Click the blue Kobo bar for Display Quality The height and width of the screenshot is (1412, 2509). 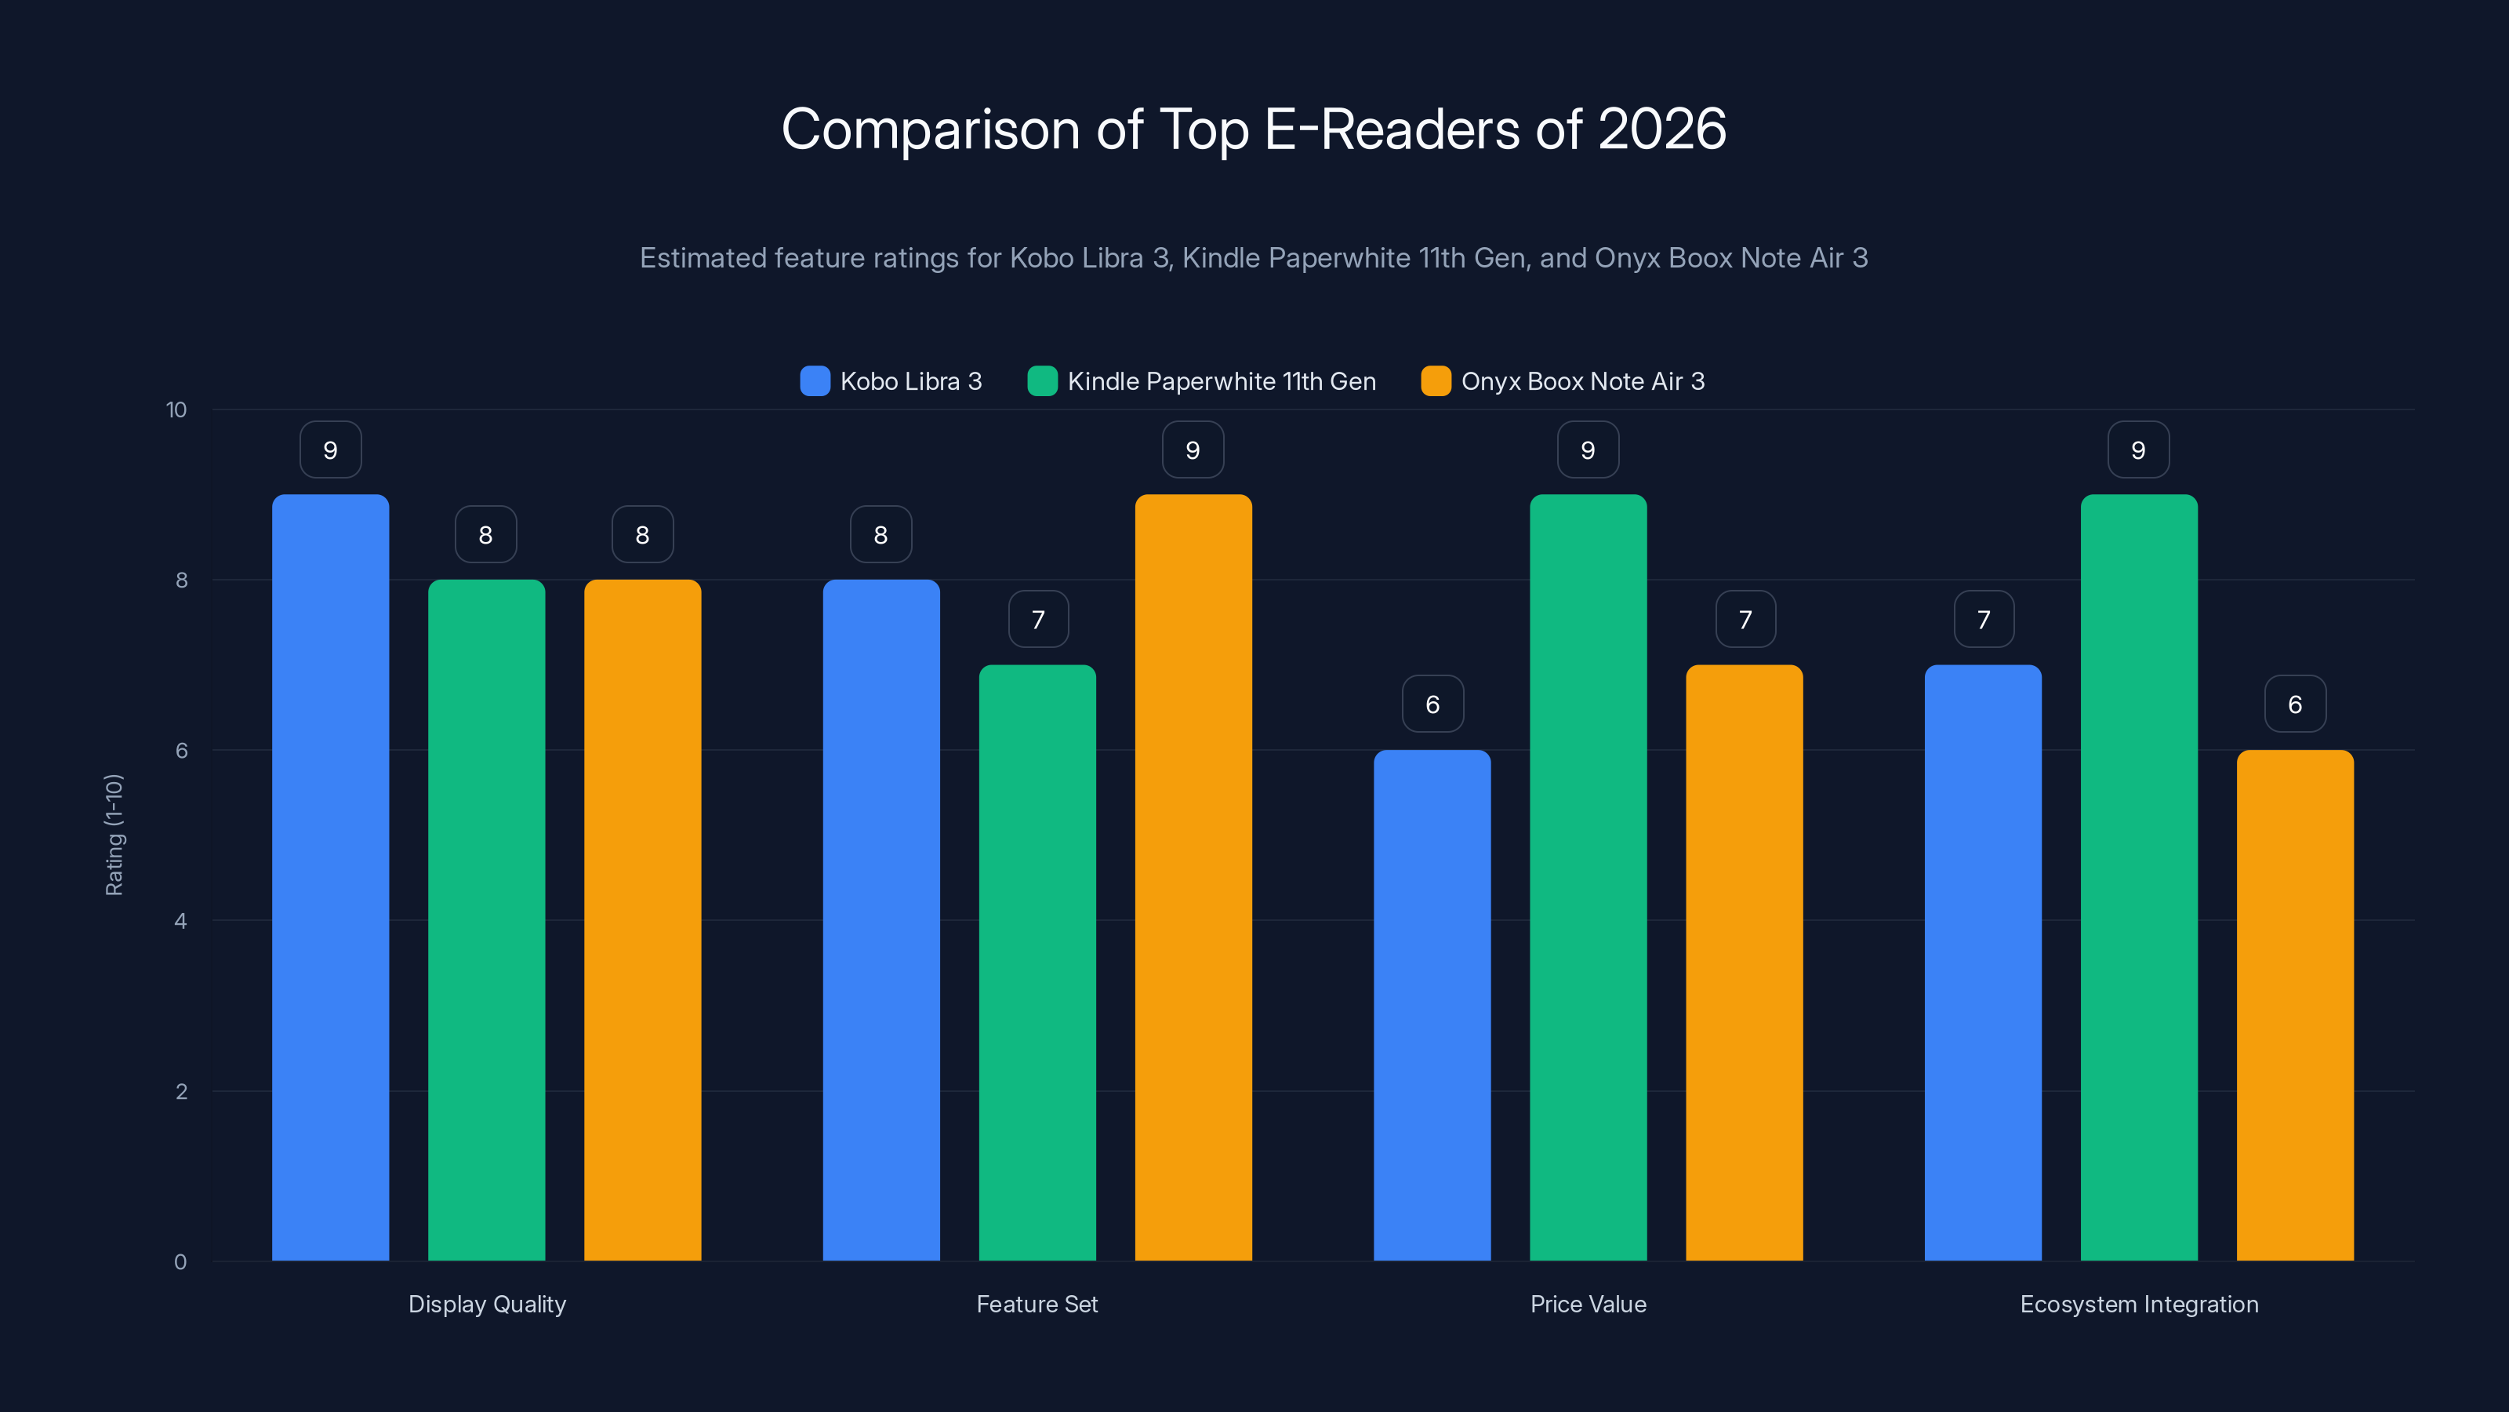(x=330, y=877)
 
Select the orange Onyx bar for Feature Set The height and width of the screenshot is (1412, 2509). (x=1193, y=877)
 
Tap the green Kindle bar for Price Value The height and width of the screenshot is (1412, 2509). (x=1588, y=877)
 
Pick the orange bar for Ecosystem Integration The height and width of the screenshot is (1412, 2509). (x=2295, y=1004)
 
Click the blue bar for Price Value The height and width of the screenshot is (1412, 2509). (x=1432, y=1004)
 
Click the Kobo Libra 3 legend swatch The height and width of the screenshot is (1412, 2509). (x=815, y=381)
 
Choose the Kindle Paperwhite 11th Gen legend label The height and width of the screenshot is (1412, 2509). (x=1222, y=381)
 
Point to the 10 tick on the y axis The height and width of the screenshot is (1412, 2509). (x=176, y=410)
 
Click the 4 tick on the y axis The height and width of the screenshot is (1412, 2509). (x=180, y=921)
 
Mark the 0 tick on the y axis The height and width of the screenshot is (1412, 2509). (x=180, y=1262)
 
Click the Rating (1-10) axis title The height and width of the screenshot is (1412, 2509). (x=114, y=835)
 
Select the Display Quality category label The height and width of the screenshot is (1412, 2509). (x=487, y=1304)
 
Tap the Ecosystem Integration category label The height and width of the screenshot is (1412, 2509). (x=2139, y=1304)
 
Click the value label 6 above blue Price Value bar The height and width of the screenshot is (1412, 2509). (x=1432, y=704)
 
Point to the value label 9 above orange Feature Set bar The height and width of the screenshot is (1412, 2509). (x=1193, y=449)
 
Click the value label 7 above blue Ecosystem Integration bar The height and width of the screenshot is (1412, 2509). (x=1983, y=619)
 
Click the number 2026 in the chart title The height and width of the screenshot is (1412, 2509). (x=1661, y=129)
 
